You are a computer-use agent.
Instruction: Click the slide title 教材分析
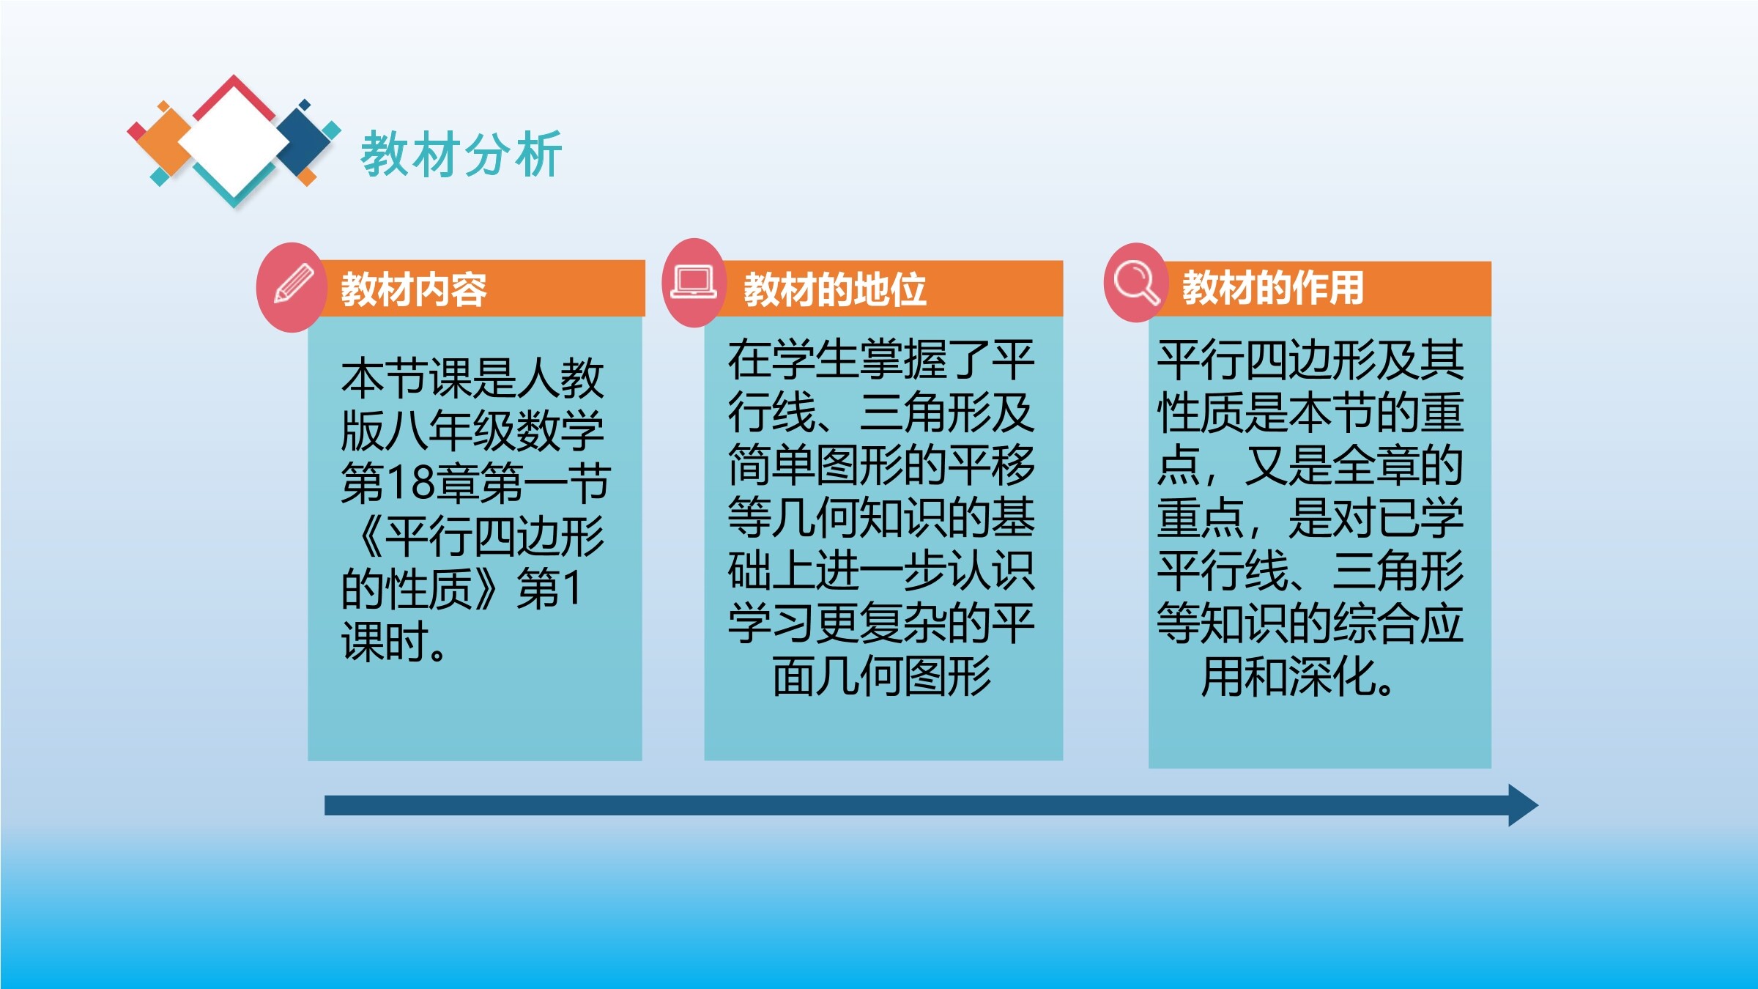(x=461, y=154)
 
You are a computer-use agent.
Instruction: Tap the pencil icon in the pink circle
(x=294, y=284)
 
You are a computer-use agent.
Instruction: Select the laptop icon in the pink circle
(x=693, y=282)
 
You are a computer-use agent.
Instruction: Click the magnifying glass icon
(x=1136, y=282)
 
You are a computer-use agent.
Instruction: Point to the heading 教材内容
(x=414, y=289)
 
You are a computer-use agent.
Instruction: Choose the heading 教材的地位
(x=835, y=289)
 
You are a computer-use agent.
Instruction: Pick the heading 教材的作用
(x=1273, y=287)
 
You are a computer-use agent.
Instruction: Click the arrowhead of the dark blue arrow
(x=1523, y=805)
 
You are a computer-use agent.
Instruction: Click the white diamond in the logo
(x=234, y=142)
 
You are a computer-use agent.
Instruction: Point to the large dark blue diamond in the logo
(x=305, y=141)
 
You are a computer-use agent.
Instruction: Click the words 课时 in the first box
(x=385, y=642)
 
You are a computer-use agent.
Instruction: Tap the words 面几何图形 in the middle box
(x=882, y=675)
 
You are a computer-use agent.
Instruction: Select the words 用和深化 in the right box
(x=1289, y=675)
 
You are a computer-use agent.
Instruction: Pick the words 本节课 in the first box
(x=407, y=378)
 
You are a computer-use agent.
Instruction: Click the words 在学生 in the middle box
(x=794, y=360)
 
